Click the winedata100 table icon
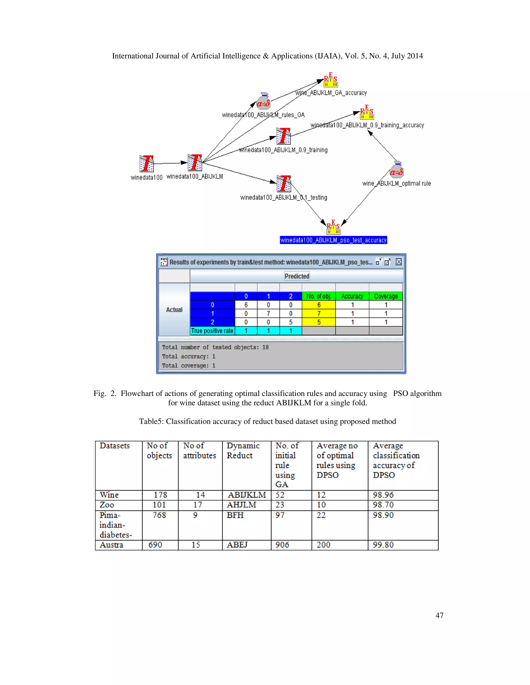(x=146, y=163)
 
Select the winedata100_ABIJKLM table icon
(x=195, y=163)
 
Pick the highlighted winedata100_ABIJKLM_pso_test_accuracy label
(x=333, y=240)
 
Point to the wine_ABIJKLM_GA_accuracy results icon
(x=331, y=80)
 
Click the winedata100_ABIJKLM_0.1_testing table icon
(x=284, y=184)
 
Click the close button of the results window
(x=399, y=262)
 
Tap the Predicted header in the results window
(x=297, y=276)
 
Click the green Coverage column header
(x=386, y=296)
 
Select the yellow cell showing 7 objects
(x=319, y=313)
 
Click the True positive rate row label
(x=212, y=331)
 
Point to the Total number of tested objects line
(x=215, y=347)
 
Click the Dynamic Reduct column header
(x=243, y=450)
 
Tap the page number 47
(x=439, y=615)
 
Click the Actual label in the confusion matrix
(x=174, y=310)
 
